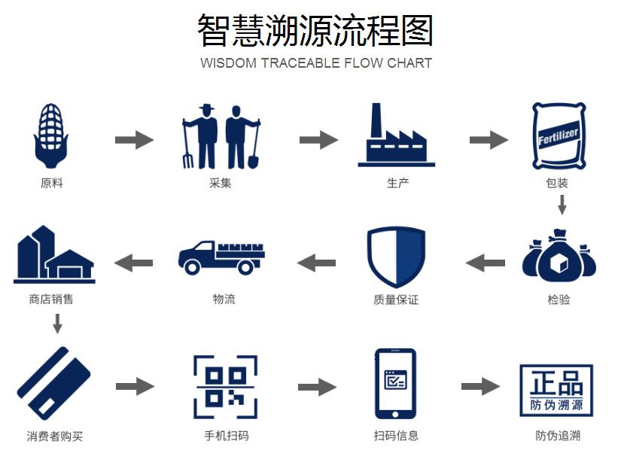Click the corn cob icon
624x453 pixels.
pos(51,136)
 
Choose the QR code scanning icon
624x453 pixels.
pos(226,387)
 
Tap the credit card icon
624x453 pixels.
pos(53,385)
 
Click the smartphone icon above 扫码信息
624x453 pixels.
pos(395,385)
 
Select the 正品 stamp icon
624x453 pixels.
pos(556,391)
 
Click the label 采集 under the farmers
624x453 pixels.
pos(221,183)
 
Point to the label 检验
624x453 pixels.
pos(559,299)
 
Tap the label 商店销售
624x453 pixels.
pos(51,299)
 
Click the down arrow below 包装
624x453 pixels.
pos(562,205)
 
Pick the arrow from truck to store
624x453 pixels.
pos(134,263)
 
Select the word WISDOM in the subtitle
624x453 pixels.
pos(228,63)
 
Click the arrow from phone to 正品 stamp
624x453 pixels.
pos(480,387)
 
